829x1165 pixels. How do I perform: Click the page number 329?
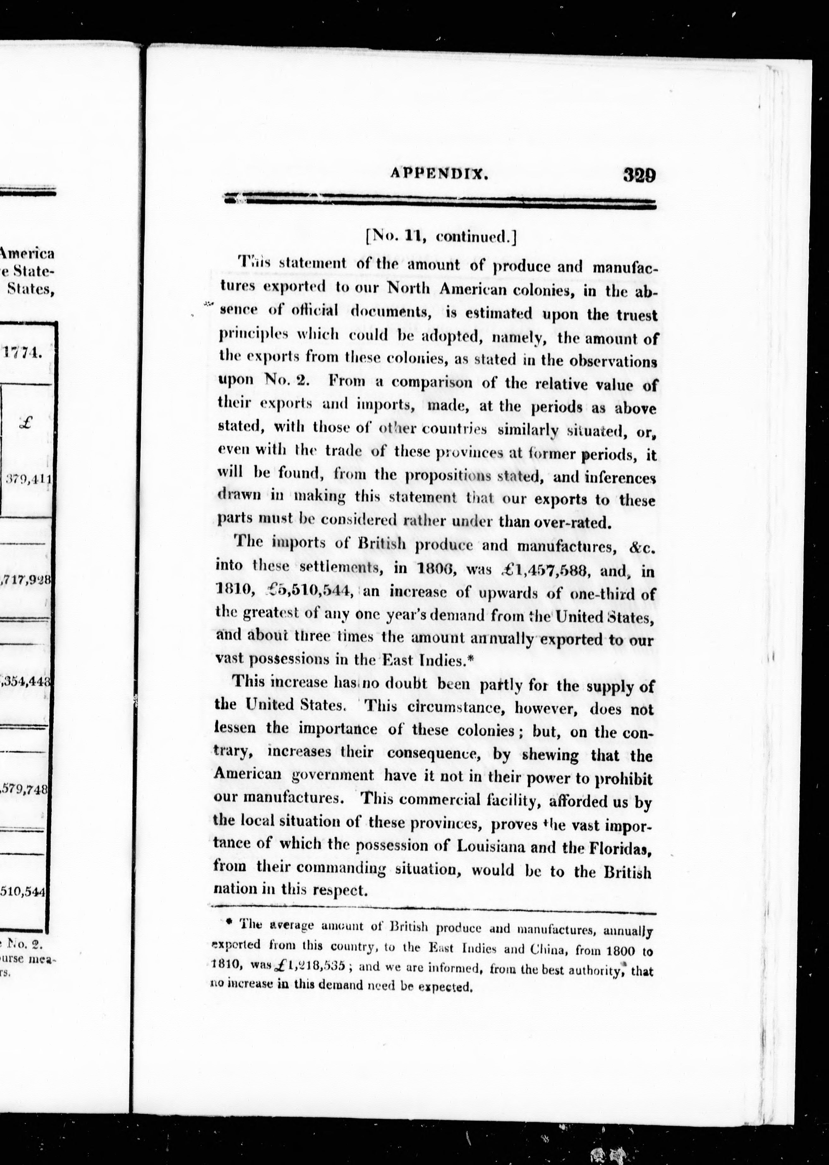point(638,175)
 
